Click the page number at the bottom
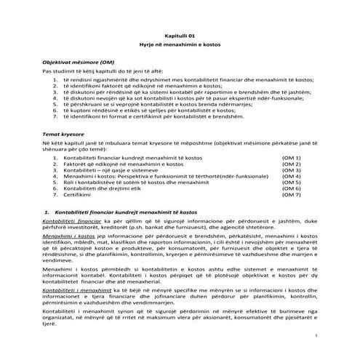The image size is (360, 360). coord(317,336)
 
